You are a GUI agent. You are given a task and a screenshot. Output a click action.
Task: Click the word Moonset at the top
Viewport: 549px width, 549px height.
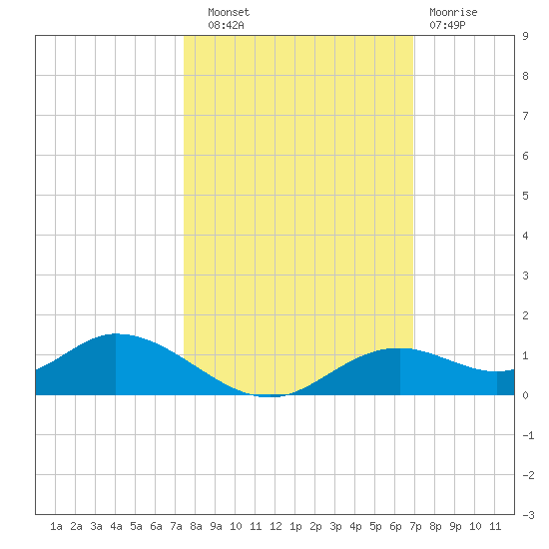coord(229,12)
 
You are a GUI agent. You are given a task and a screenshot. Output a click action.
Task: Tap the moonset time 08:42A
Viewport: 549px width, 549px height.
coord(226,25)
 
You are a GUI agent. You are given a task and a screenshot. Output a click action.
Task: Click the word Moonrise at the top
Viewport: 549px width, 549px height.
coord(453,12)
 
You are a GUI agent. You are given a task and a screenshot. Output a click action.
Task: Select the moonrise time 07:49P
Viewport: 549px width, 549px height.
coord(447,25)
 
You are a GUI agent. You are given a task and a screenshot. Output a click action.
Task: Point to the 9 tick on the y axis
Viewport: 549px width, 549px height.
coord(525,36)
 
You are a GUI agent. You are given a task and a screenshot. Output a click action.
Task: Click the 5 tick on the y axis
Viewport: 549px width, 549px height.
coord(525,196)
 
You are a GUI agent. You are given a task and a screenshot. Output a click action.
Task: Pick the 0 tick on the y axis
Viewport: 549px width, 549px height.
coord(525,395)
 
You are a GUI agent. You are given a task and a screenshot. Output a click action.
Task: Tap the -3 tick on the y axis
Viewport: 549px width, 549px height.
coord(528,515)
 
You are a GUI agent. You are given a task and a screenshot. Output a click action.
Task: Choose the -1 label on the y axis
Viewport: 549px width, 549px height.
coord(528,435)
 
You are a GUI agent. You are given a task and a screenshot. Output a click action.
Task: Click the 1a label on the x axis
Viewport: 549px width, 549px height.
coord(56,526)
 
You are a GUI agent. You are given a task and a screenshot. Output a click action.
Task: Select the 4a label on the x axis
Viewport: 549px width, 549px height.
coord(116,526)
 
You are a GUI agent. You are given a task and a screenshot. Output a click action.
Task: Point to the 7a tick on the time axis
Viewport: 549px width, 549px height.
coord(176,526)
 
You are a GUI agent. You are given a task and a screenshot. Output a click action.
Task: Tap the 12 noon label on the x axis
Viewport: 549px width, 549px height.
coord(275,526)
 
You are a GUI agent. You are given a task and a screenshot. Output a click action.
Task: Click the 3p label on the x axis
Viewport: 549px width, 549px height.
coord(335,526)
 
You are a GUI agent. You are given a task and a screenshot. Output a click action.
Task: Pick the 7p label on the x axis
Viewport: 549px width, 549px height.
coord(415,526)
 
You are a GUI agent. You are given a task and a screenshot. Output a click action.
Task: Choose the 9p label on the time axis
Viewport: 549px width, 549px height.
coord(455,526)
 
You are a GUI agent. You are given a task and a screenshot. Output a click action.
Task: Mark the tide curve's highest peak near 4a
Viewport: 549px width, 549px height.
coord(115,333)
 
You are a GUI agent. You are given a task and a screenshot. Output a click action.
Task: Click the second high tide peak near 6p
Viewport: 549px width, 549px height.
coord(400,348)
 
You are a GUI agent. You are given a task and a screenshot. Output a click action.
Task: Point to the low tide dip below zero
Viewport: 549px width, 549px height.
coord(268,396)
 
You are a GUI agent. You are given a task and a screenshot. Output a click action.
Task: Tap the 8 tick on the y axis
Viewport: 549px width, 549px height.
coord(525,76)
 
